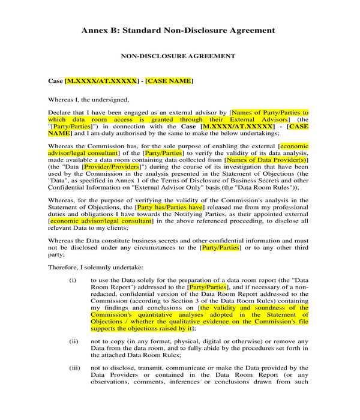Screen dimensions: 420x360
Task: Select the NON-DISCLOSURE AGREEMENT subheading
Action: (x=178, y=56)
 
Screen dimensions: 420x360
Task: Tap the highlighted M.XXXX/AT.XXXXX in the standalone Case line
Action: (x=101, y=80)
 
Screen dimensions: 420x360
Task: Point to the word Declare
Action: (x=61, y=112)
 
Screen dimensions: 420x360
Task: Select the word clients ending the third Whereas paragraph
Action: (x=111, y=228)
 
